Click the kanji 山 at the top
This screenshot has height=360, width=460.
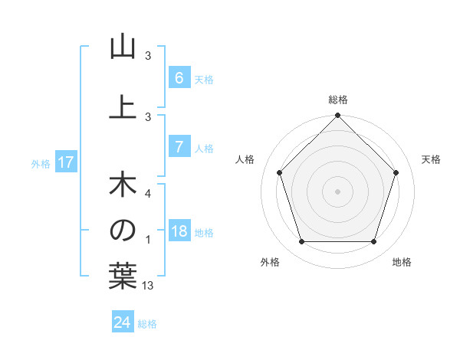pos(122,47)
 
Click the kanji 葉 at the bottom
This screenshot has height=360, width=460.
pos(122,275)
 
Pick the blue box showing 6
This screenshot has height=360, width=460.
pos(179,78)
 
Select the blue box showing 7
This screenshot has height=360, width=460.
pos(179,148)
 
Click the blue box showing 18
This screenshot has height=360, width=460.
pos(179,232)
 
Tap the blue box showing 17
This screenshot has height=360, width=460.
pos(66,162)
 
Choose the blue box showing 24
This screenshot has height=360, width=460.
pos(122,322)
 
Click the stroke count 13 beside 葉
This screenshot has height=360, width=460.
pos(148,286)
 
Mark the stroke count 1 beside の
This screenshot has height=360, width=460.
pos(148,240)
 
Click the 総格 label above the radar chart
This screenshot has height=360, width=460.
pos(338,100)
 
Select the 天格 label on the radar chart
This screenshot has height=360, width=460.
pos(432,159)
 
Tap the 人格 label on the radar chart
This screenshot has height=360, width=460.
pos(245,159)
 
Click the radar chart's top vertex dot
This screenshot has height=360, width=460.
pos(338,116)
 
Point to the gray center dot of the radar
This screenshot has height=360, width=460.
pos(338,191)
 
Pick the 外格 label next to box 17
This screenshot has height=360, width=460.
pos(41,163)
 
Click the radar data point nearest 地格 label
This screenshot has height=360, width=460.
pos(374,242)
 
